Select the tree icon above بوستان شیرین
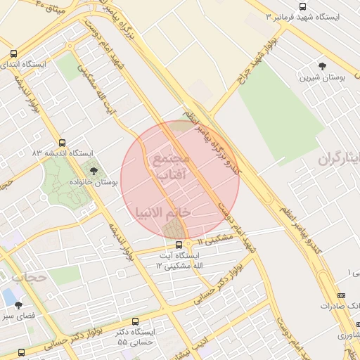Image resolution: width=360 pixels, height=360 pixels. point(322,65)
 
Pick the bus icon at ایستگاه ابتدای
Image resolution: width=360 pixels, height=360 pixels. point(14,53)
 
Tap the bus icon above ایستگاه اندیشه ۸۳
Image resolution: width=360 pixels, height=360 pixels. point(63,143)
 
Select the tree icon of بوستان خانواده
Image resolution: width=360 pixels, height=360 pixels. point(92,169)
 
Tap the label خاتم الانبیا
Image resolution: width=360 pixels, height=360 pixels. point(162,212)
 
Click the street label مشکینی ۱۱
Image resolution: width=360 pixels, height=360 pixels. point(213,240)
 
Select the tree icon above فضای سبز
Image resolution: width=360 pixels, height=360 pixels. point(19,306)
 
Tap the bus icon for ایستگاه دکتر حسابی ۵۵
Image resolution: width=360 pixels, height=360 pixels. point(136,320)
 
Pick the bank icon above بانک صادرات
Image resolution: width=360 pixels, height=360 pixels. point(342,296)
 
